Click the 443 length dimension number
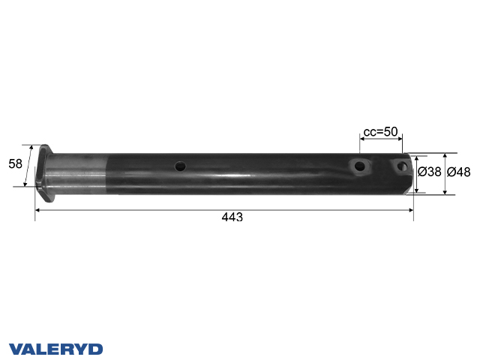(x=232, y=217)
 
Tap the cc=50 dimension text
(x=380, y=132)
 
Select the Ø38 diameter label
(x=429, y=172)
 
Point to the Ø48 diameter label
(x=458, y=172)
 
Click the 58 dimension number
(x=15, y=164)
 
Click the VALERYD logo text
(x=56, y=349)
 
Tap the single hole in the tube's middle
(x=180, y=166)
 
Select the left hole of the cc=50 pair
(x=360, y=166)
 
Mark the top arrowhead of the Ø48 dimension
(x=445, y=155)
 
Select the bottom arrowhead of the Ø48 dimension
(x=445, y=192)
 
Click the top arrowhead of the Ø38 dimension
(x=416, y=157)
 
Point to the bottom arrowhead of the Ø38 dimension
(x=416, y=190)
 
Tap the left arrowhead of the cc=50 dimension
(x=361, y=138)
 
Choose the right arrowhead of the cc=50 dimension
(x=400, y=138)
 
